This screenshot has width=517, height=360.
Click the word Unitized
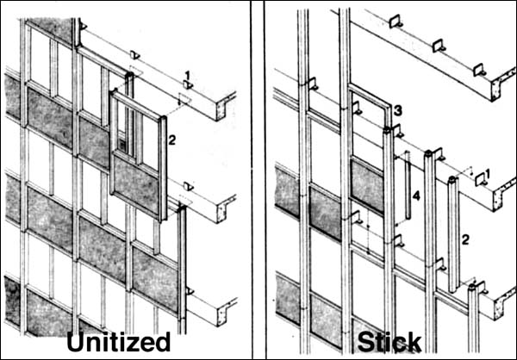pyautogui.click(x=119, y=342)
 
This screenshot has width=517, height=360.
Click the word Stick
pyautogui.click(x=389, y=342)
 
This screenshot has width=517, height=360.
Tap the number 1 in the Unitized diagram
pyautogui.click(x=187, y=76)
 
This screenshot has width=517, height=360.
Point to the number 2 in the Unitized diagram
pyautogui.click(x=171, y=140)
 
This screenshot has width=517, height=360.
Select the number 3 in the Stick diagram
pyautogui.click(x=397, y=111)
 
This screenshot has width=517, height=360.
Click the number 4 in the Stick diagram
pyautogui.click(x=416, y=196)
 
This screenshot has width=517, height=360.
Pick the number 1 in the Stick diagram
pyautogui.click(x=488, y=173)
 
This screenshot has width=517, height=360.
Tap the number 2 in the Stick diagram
pyautogui.click(x=465, y=239)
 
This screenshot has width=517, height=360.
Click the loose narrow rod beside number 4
pyautogui.click(x=408, y=184)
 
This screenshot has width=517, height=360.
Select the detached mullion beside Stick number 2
pyautogui.click(x=452, y=234)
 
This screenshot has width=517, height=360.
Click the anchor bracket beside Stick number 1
pyautogui.click(x=481, y=180)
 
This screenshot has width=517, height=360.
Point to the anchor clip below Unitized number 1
pyautogui.click(x=188, y=85)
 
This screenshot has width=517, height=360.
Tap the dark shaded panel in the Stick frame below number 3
pyautogui.click(x=366, y=185)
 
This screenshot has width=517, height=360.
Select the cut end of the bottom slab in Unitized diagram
pyautogui.click(x=226, y=312)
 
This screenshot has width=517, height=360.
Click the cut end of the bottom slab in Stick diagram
pyautogui.click(x=504, y=303)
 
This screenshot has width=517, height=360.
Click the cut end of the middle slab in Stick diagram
pyautogui.click(x=503, y=195)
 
